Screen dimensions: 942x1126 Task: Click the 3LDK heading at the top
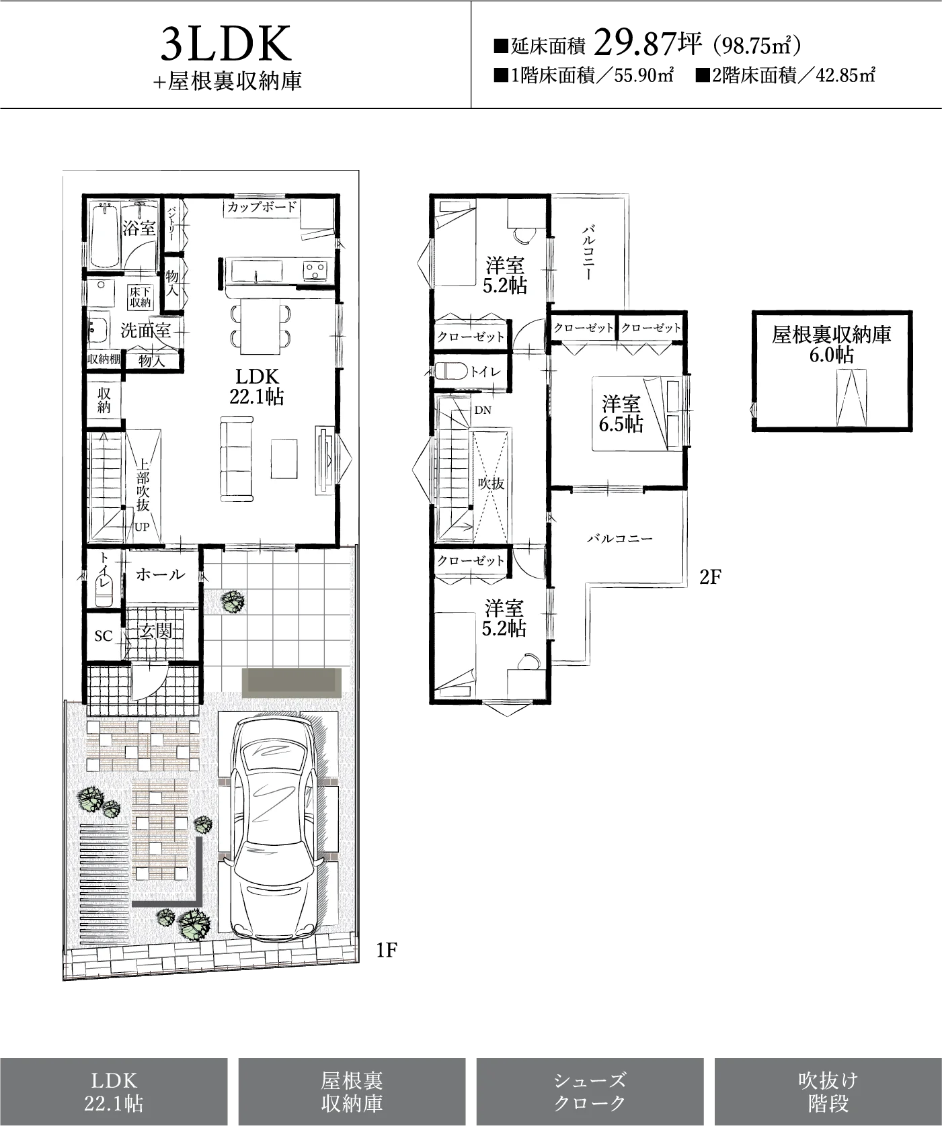(x=227, y=44)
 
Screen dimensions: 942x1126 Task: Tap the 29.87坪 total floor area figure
(x=649, y=45)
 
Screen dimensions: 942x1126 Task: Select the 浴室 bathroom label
(x=139, y=228)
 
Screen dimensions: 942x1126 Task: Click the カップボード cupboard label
(x=262, y=207)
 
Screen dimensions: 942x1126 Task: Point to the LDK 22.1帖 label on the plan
(x=257, y=386)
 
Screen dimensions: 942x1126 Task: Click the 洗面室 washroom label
(x=145, y=330)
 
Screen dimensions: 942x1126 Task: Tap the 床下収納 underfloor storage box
(x=141, y=297)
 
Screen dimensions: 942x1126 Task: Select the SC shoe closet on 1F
(x=104, y=636)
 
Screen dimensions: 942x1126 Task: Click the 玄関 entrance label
(x=156, y=631)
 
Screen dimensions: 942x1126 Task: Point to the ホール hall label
(x=160, y=574)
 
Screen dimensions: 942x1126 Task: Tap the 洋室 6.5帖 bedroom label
(x=621, y=414)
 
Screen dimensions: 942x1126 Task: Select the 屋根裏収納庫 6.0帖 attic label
(x=832, y=344)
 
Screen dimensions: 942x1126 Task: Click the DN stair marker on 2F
(x=483, y=410)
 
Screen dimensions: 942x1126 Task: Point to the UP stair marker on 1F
(x=142, y=527)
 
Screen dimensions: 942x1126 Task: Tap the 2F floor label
(x=710, y=576)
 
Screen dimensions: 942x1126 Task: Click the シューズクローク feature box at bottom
(x=590, y=1092)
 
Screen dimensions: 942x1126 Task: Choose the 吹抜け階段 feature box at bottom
(x=828, y=1092)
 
